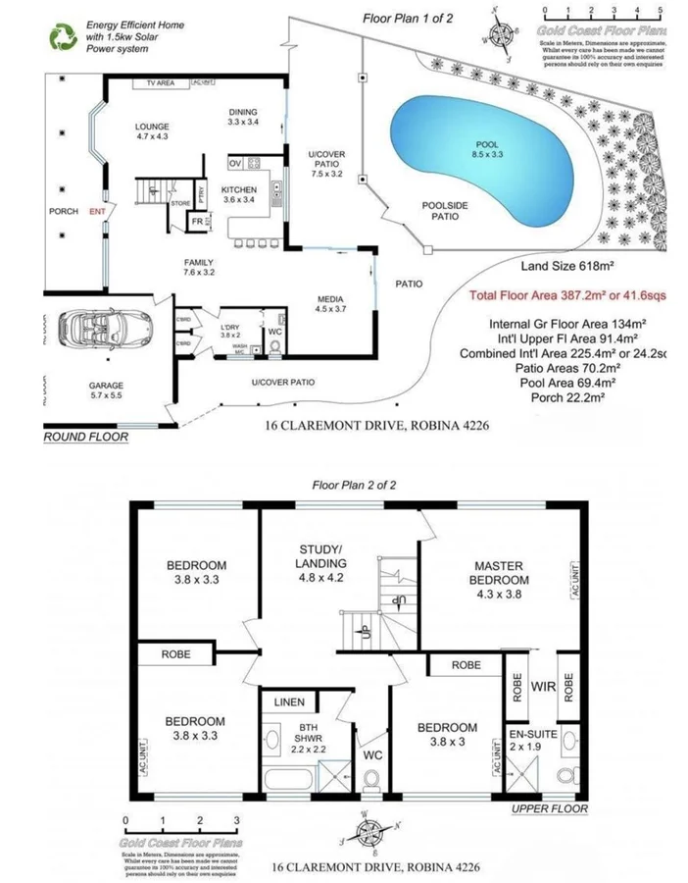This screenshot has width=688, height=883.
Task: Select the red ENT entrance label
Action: tap(97, 211)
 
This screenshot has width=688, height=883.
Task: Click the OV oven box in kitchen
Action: tap(235, 163)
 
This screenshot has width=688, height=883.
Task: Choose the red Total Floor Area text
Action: tap(568, 294)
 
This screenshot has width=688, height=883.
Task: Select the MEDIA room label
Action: tap(329, 303)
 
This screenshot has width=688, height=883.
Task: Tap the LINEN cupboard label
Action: tap(290, 702)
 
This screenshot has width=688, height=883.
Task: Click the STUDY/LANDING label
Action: tap(320, 557)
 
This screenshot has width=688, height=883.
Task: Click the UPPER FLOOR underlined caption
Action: tap(549, 809)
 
